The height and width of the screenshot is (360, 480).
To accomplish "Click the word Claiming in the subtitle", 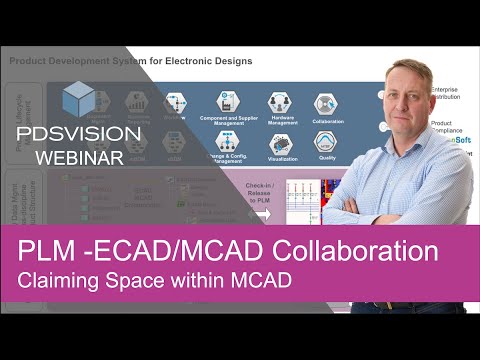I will (x=59, y=281).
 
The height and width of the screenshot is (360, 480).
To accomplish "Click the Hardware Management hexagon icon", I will (x=281, y=103).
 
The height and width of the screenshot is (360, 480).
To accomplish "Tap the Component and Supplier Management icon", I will (x=228, y=103).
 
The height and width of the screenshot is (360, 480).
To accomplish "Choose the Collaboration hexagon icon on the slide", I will (x=326, y=103).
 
